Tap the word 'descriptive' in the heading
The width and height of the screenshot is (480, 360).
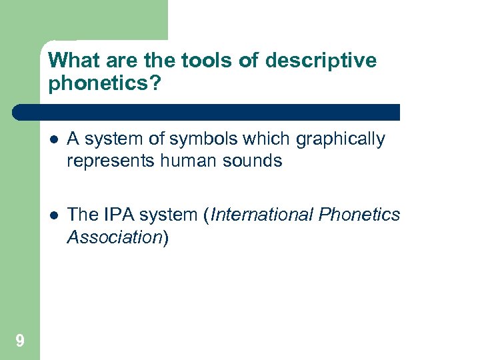click(321, 61)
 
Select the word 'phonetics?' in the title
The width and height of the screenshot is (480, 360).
click(105, 84)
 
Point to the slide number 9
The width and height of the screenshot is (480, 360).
click(20, 341)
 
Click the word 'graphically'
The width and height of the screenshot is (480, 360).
click(340, 139)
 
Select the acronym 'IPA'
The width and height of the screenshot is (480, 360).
click(117, 215)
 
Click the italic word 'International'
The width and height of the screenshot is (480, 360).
click(263, 215)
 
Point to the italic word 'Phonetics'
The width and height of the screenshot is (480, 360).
click(360, 215)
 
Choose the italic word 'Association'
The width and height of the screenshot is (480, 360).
click(114, 237)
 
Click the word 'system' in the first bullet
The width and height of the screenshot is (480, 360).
click(109, 139)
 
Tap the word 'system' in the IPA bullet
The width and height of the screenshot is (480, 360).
click(171, 215)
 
